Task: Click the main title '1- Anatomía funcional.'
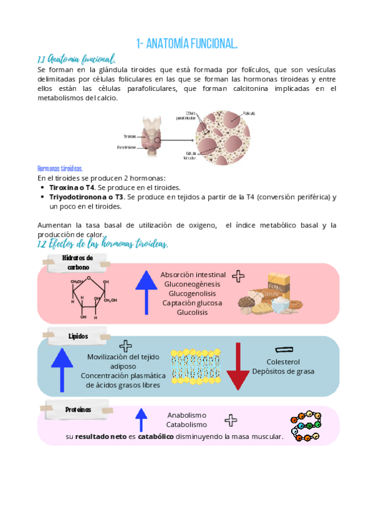187,43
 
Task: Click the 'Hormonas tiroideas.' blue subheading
60,169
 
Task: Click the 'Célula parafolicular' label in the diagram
186,115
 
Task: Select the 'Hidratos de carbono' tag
78,262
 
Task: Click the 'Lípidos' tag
79,336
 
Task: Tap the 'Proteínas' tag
79,410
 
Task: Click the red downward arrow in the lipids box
237,367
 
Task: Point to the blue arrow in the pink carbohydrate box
146,292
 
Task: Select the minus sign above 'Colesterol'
284,349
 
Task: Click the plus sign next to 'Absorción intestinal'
238,276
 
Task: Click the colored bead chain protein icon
306,426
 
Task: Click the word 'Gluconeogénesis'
193,284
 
